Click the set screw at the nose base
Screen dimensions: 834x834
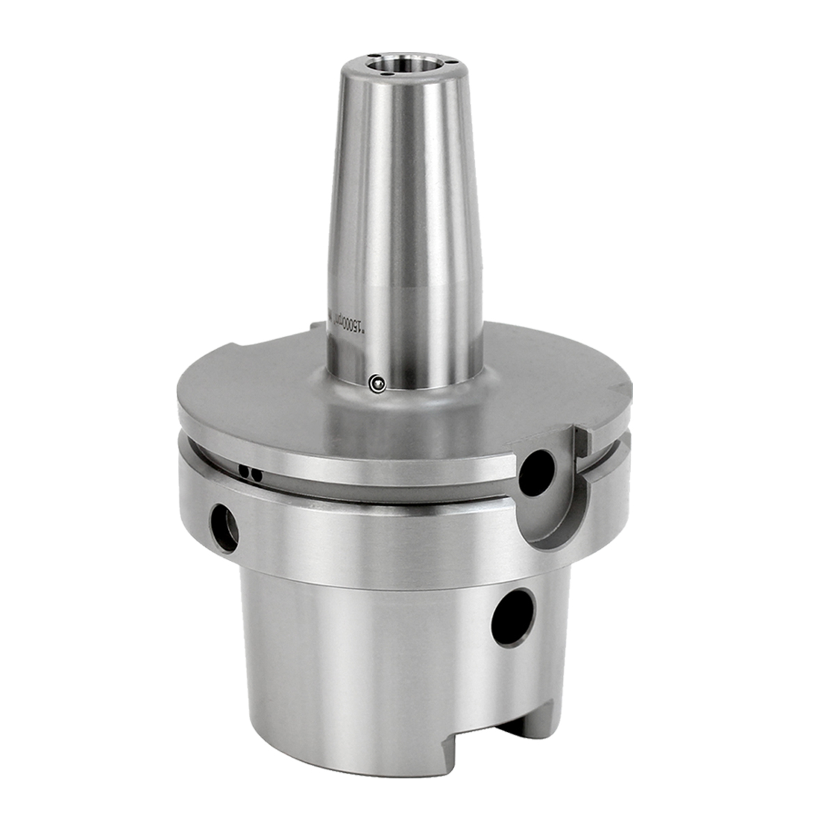(x=377, y=382)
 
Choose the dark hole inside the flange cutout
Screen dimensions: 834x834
(x=537, y=473)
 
